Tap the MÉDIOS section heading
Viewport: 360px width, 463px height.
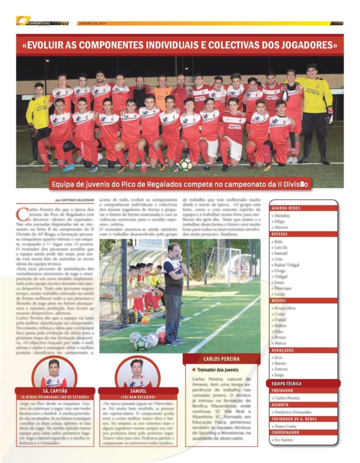click(x=279, y=300)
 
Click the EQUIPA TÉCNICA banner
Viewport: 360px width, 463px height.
click(x=287, y=383)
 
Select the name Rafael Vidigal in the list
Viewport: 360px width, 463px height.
click(x=287, y=265)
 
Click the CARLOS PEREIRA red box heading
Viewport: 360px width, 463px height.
click(x=221, y=359)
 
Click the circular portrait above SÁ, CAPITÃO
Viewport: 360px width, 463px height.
click(x=54, y=373)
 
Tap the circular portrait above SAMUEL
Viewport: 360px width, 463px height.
click(x=137, y=373)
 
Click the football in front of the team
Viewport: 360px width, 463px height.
click(x=185, y=164)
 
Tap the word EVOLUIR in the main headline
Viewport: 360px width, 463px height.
click(x=54, y=45)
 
